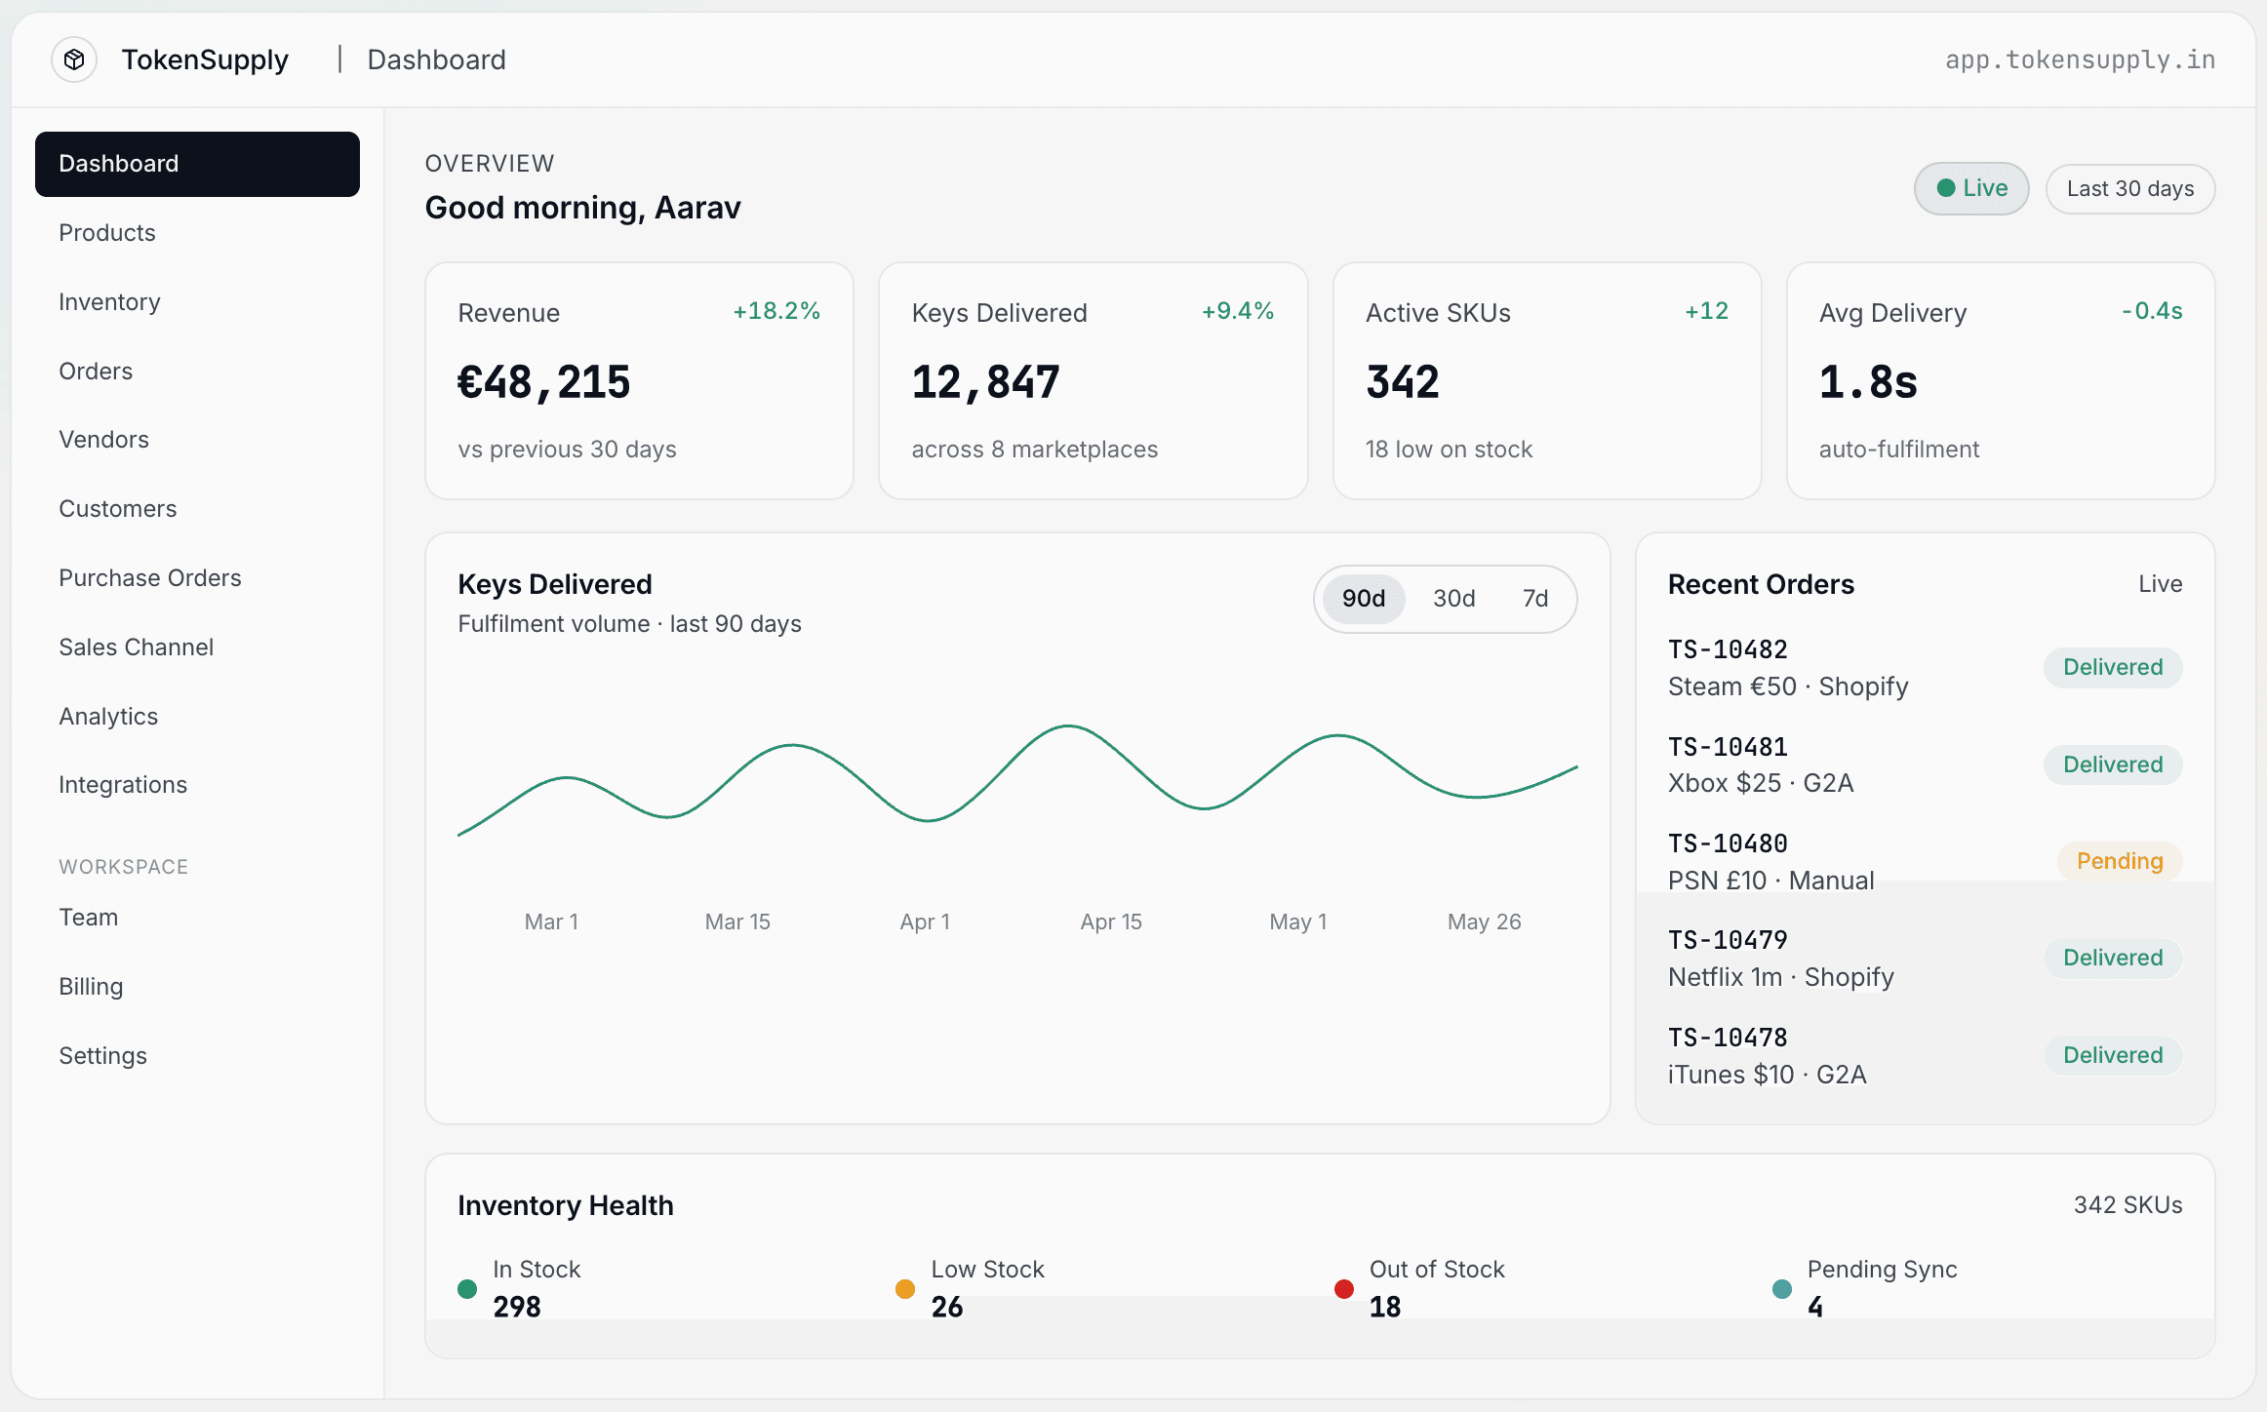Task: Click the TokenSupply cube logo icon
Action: coord(74,59)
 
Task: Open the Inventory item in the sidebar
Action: coord(109,302)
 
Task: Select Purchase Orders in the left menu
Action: coord(150,578)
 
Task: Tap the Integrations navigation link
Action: coord(123,785)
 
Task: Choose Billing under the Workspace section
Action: coord(91,987)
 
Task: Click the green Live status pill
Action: coord(1971,188)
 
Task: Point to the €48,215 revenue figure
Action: coord(544,382)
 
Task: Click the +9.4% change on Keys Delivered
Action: coord(1238,311)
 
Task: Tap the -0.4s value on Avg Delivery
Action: coord(2152,311)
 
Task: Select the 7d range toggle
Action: coord(1535,599)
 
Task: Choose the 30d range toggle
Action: coord(1453,599)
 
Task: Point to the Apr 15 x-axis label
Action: coord(1111,922)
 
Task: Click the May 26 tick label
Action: coord(1484,922)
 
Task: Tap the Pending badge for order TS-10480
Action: coord(2120,861)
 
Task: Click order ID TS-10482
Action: coord(1728,649)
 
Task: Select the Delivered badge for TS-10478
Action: coord(2113,1055)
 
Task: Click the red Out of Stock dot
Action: coord(1344,1289)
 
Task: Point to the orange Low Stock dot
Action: coord(905,1289)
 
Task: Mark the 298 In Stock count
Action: coord(517,1307)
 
